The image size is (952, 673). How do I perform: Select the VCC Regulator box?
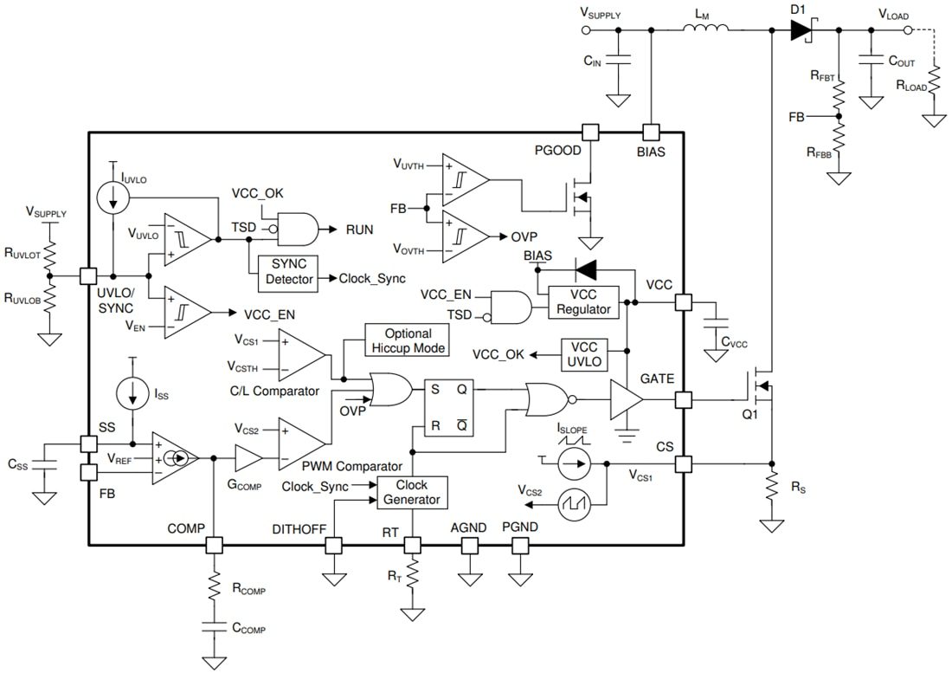583,302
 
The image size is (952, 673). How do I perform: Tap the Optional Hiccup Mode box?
407,340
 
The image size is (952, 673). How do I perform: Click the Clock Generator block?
412,492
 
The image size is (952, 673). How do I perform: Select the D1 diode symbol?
801,30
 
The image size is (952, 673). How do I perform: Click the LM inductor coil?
705,30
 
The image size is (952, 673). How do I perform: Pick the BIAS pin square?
650,133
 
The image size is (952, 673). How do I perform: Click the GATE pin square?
684,399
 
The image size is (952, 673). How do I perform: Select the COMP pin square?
213,545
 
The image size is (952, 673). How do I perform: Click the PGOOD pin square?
590,133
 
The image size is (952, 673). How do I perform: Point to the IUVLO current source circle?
113,197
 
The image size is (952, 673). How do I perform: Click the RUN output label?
360,230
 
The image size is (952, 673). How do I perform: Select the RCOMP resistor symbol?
213,590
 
